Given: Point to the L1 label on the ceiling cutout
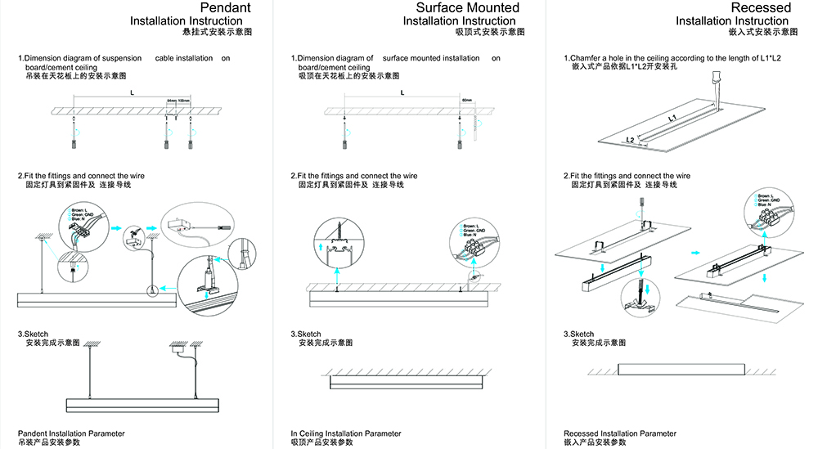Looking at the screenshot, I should coord(672,119).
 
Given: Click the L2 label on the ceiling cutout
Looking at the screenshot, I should coord(631,140).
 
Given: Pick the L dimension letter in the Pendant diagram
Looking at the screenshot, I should coord(133,93).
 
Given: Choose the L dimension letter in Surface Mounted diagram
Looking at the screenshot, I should coord(402,93).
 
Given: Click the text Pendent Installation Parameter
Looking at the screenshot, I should coord(72,433).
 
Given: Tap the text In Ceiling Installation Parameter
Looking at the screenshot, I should coord(346,433).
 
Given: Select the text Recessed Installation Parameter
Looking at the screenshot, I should coord(620,433).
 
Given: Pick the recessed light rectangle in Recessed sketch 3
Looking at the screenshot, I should coord(681,369).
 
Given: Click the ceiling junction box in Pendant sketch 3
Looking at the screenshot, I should coord(179,348).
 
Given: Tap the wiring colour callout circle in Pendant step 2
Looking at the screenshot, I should coord(82,222).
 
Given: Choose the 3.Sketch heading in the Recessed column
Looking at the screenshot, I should coord(579,334).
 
